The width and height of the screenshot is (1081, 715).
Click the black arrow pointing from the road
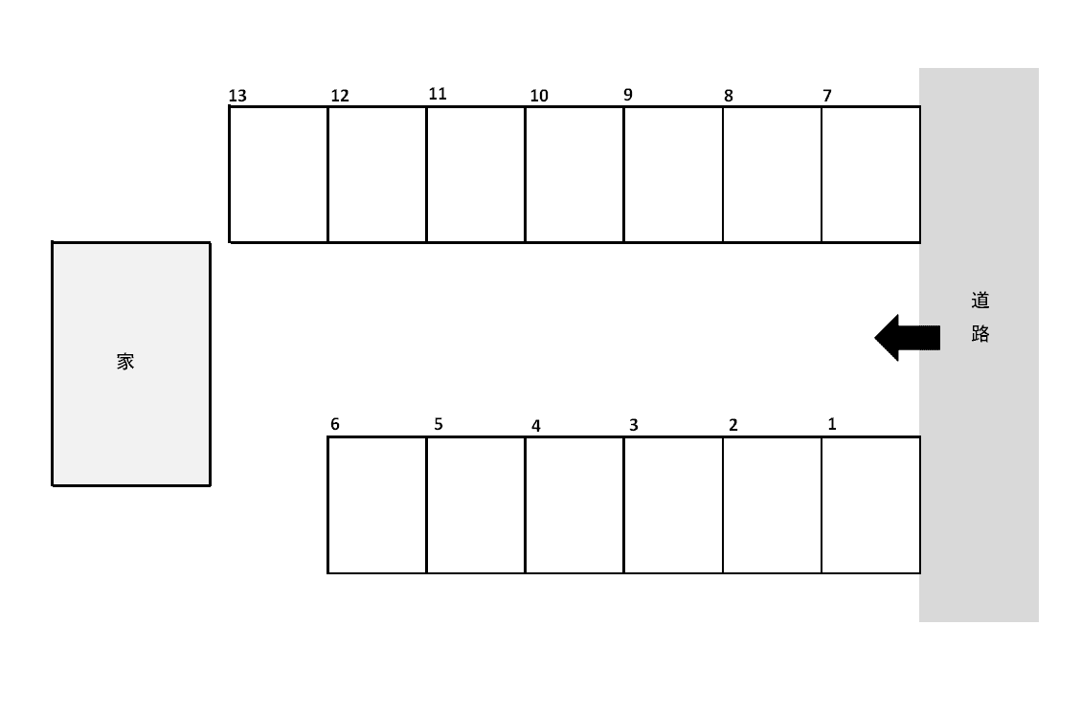[906, 337]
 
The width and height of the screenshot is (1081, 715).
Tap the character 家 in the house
[125, 362]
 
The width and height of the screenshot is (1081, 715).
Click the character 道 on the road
[980, 301]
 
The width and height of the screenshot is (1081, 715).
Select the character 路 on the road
[980, 334]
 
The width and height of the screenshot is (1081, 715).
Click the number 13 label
[237, 96]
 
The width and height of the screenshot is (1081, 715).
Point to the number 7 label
[827, 96]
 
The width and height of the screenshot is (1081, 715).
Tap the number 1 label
[832, 424]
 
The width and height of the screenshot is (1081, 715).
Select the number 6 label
[335, 424]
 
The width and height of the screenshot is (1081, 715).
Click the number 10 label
[539, 96]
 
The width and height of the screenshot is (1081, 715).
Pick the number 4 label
[536, 426]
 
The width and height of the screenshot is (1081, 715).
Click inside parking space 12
[377, 174]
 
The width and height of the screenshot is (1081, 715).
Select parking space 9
[673, 174]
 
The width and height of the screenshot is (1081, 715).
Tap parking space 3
[673, 504]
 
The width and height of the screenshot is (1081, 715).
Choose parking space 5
[476, 504]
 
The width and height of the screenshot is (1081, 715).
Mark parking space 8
[772, 174]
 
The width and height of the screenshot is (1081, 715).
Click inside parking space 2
[772, 504]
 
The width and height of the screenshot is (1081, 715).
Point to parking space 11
[476, 174]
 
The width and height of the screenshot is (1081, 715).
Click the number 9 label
[628, 95]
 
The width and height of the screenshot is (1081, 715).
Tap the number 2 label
[733, 426]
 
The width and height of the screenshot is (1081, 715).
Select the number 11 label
[438, 94]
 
